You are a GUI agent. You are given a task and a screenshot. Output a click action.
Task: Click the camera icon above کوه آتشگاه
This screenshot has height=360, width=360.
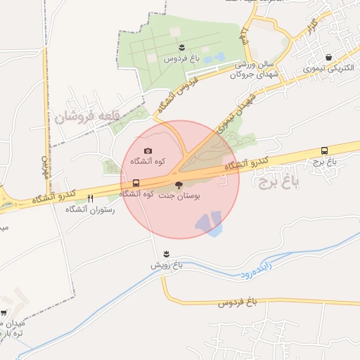148,150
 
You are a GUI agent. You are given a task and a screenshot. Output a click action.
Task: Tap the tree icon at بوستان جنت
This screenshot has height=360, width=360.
178,185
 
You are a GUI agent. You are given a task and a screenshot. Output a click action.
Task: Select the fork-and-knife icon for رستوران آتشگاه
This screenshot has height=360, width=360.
90,199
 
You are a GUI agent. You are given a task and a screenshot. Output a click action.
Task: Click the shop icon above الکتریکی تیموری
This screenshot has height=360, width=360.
328,58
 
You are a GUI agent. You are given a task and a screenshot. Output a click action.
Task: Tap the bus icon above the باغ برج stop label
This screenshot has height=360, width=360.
324,150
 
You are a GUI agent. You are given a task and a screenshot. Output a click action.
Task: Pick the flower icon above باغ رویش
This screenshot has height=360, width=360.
166,253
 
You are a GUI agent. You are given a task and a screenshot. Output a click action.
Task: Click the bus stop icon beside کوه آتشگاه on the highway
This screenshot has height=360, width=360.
136,184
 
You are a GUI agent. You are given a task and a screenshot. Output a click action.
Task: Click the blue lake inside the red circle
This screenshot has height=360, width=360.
210,224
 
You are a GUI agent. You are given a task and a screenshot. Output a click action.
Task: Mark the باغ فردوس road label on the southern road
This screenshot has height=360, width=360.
238,302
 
